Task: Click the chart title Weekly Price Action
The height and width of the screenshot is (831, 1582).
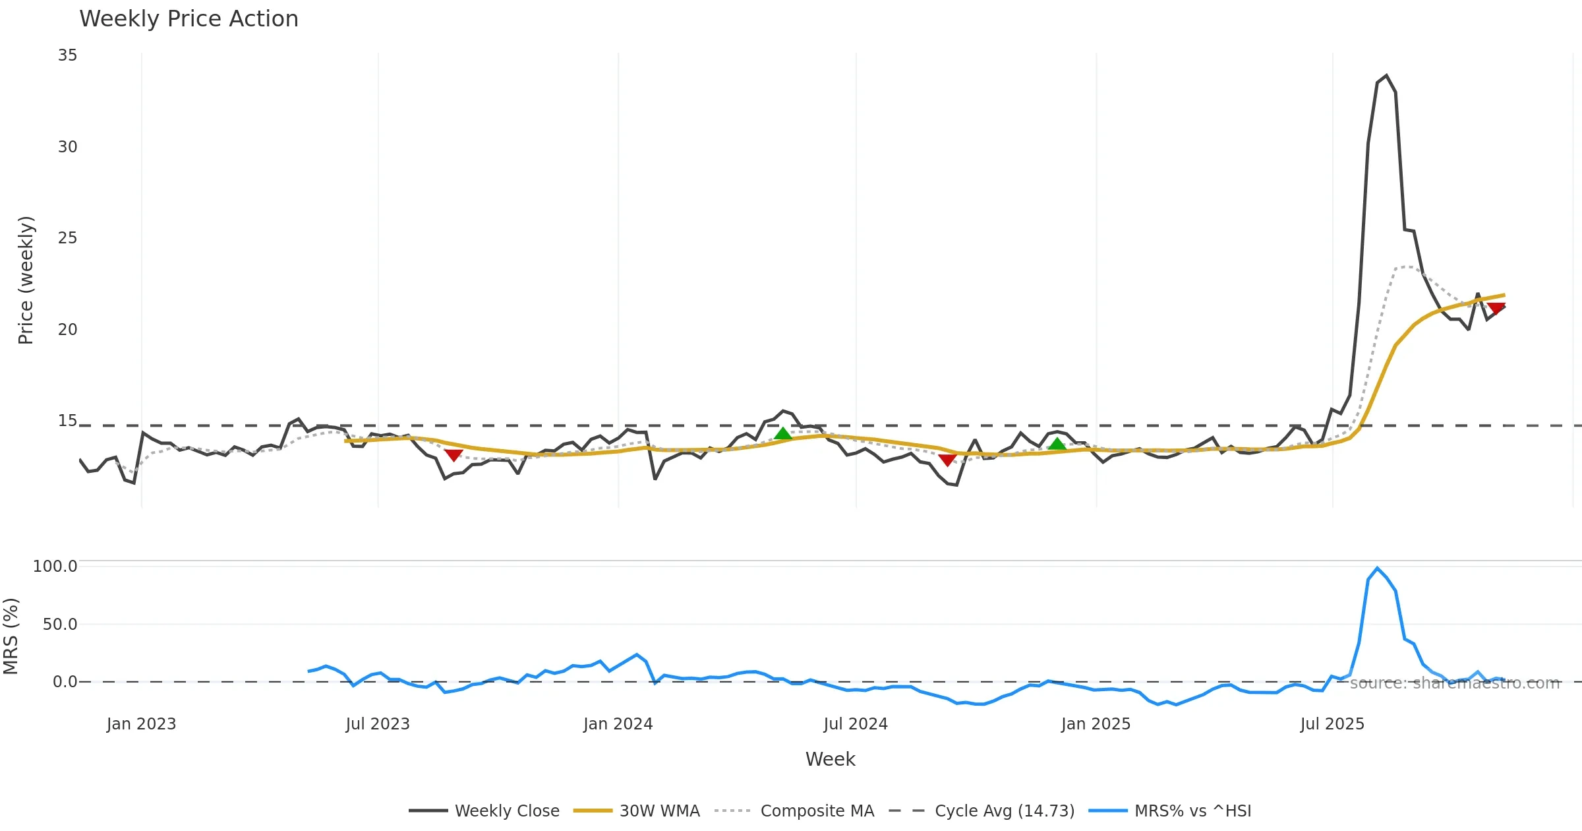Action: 189,19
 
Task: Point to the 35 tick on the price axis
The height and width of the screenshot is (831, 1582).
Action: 67,55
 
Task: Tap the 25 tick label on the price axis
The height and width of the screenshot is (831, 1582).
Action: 67,238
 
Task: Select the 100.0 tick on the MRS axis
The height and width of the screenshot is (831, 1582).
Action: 55,567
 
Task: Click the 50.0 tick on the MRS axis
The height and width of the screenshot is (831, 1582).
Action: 60,625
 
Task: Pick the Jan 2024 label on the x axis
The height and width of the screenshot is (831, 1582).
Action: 618,724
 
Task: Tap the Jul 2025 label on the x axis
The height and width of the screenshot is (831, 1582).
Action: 1332,724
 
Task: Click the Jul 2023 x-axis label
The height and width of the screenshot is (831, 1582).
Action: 378,724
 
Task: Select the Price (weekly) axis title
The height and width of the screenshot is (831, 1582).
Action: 26,280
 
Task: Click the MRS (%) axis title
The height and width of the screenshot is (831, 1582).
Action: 11,636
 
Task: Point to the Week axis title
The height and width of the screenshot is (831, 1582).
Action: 830,760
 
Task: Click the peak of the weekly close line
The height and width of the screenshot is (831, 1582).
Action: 1386,76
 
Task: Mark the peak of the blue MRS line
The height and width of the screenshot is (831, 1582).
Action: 1377,568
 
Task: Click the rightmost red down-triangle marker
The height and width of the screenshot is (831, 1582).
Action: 1496,308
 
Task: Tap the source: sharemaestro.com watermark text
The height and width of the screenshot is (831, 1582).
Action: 1455,683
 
